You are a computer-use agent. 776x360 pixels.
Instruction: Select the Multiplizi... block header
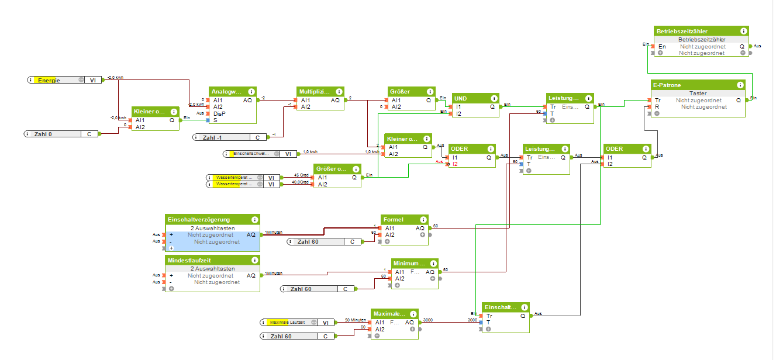point(315,92)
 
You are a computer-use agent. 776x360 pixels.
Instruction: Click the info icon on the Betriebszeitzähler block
point(743,31)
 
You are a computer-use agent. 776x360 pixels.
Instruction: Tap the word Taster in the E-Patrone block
point(698,93)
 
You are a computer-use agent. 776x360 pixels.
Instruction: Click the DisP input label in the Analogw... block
point(220,113)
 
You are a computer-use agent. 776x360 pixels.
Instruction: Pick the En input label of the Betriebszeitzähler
point(662,46)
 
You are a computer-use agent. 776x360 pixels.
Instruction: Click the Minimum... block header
point(409,264)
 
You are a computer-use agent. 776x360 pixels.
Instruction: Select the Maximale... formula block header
point(389,314)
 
